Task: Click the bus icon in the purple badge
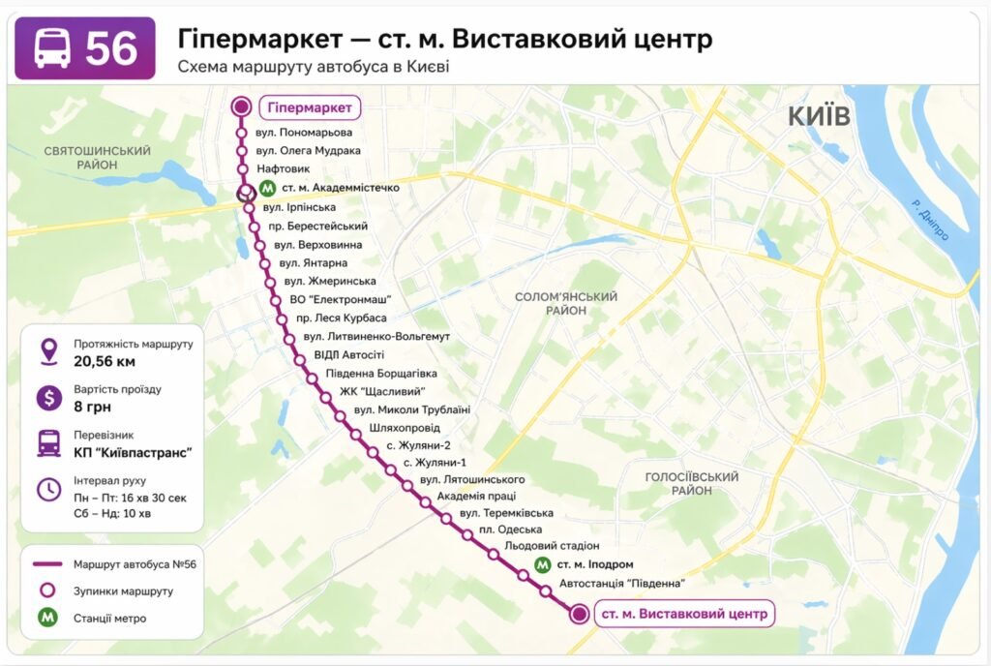point(52,48)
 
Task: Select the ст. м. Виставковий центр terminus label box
point(684,614)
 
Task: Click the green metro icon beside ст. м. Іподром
point(542,564)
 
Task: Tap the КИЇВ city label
point(819,116)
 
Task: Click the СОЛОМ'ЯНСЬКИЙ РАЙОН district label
point(566,304)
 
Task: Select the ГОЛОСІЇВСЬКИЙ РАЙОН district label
point(692,484)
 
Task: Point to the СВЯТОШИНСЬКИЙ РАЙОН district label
point(97,158)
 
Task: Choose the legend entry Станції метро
point(109,618)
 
